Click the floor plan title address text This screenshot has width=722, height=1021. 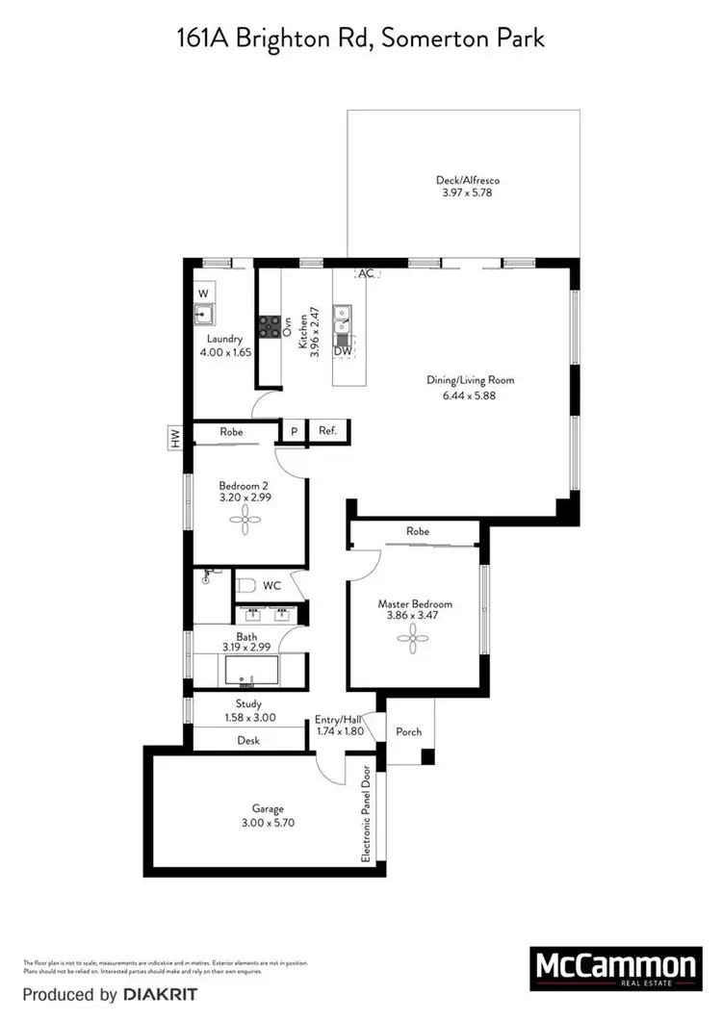point(360,38)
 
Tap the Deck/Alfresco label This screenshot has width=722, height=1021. point(466,180)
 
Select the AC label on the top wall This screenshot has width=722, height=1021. point(366,273)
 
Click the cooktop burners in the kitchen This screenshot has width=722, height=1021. point(268,326)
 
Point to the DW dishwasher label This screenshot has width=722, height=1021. point(342,351)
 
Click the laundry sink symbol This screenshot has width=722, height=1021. point(203,312)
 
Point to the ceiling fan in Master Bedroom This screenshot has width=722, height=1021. point(414,635)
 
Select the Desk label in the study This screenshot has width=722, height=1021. point(247,740)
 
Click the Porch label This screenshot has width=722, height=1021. point(409,731)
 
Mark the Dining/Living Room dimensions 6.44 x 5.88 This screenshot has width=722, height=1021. point(471,394)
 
